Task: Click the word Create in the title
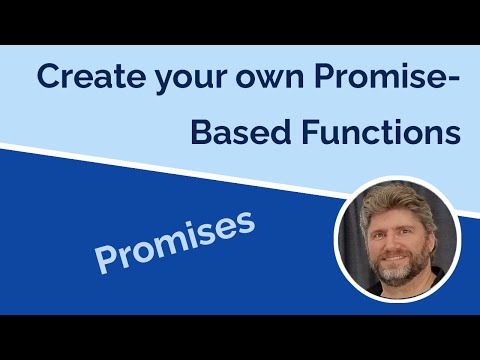82,77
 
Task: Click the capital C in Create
48,77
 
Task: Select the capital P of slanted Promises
107,258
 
